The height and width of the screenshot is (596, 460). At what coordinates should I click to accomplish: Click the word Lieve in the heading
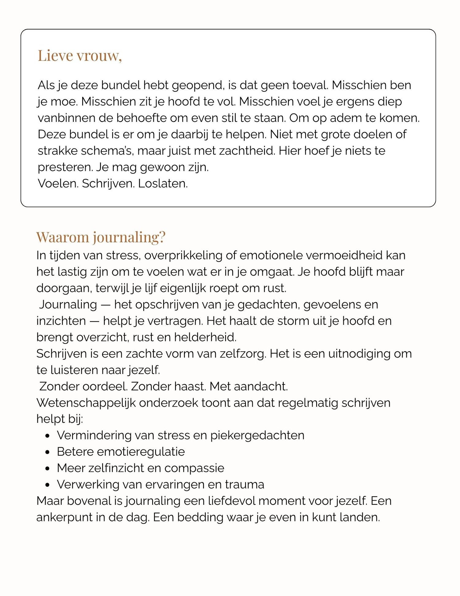point(55,56)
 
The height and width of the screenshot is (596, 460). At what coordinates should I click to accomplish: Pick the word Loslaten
point(163,184)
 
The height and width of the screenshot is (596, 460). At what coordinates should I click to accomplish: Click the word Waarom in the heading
point(63,237)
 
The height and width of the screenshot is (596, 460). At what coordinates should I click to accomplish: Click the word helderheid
point(205,337)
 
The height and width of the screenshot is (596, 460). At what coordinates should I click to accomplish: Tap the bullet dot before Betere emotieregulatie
point(47,452)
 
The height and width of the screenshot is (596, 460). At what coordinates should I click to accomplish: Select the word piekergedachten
point(257,435)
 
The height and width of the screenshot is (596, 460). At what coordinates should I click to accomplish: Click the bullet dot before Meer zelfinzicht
point(47,469)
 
